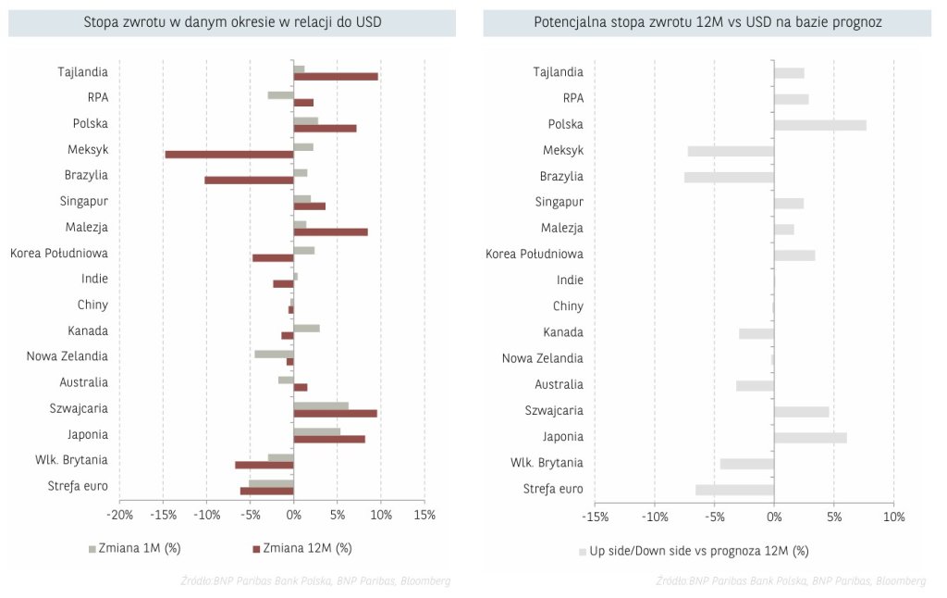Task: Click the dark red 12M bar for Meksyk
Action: [x=229, y=154]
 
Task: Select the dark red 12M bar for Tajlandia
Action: [x=336, y=76]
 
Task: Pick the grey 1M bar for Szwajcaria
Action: [x=321, y=405]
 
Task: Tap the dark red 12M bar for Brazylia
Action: [x=249, y=180]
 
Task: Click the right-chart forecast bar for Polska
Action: [x=820, y=125]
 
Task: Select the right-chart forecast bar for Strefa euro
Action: [x=734, y=490]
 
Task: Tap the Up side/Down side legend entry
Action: [x=694, y=551]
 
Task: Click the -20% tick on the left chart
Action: [x=119, y=516]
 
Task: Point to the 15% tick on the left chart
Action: [x=424, y=516]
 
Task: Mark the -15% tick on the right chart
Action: [x=596, y=517]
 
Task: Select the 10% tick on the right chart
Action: [x=893, y=517]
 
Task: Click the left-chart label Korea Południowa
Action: [x=59, y=253]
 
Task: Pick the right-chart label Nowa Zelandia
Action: [x=543, y=358]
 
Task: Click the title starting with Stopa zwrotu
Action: [x=232, y=21]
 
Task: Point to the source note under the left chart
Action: [x=315, y=580]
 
